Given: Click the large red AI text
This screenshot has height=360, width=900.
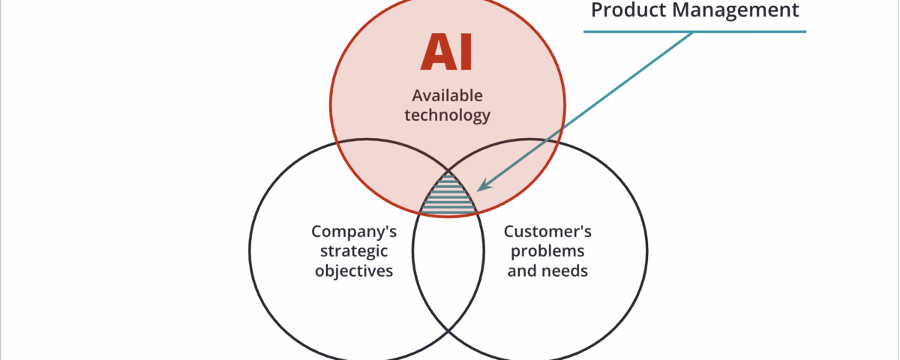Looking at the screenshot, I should [446, 52].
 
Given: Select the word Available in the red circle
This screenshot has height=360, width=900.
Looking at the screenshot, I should [447, 96].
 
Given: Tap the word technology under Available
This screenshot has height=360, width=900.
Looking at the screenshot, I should [447, 115].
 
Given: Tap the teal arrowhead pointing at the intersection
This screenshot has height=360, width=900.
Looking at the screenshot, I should [483, 184].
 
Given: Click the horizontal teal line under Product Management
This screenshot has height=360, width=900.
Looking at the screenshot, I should [694, 31].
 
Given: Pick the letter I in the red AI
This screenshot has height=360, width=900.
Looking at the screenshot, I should [464, 52].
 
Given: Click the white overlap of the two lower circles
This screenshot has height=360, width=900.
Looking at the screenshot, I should [448, 270].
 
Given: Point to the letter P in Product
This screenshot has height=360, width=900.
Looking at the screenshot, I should [598, 10].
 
